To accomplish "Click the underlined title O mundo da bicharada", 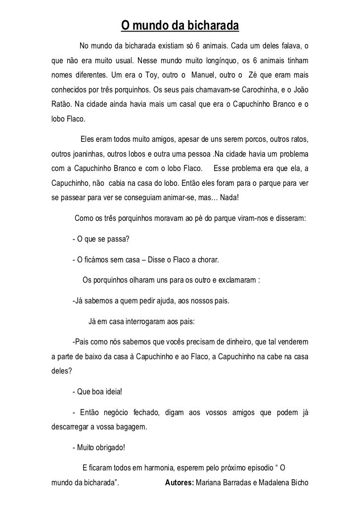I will tap(180, 25).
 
